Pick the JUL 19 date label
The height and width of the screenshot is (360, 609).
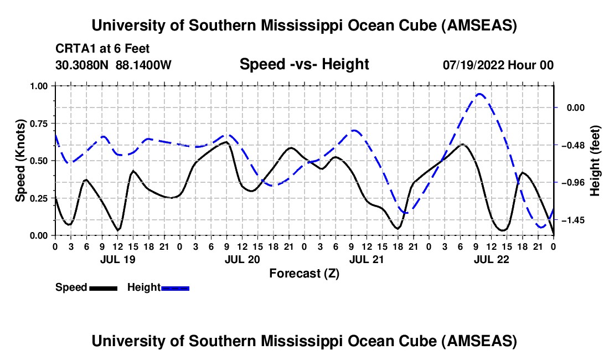pyautogui.click(x=117, y=259)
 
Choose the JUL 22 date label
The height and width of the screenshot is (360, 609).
pyautogui.click(x=491, y=259)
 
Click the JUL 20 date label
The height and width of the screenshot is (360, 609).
pyautogui.click(x=242, y=259)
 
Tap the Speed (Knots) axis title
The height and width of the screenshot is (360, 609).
pyautogui.click(x=20, y=161)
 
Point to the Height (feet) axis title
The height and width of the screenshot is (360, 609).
pyautogui.click(x=595, y=161)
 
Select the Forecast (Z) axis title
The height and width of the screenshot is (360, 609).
pyautogui.click(x=304, y=273)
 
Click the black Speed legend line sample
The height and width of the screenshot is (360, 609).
pyautogui.click(x=103, y=287)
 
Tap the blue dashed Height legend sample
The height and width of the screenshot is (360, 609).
pyautogui.click(x=176, y=287)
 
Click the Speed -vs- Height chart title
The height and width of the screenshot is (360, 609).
pyautogui.click(x=304, y=64)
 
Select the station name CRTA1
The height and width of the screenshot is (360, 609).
pyautogui.click(x=74, y=49)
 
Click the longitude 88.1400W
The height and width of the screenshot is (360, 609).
pyautogui.click(x=144, y=65)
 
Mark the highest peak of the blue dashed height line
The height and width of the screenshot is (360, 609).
pyautogui.click(x=479, y=94)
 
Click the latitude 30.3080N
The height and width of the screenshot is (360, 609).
pyautogui.click(x=83, y=65)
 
